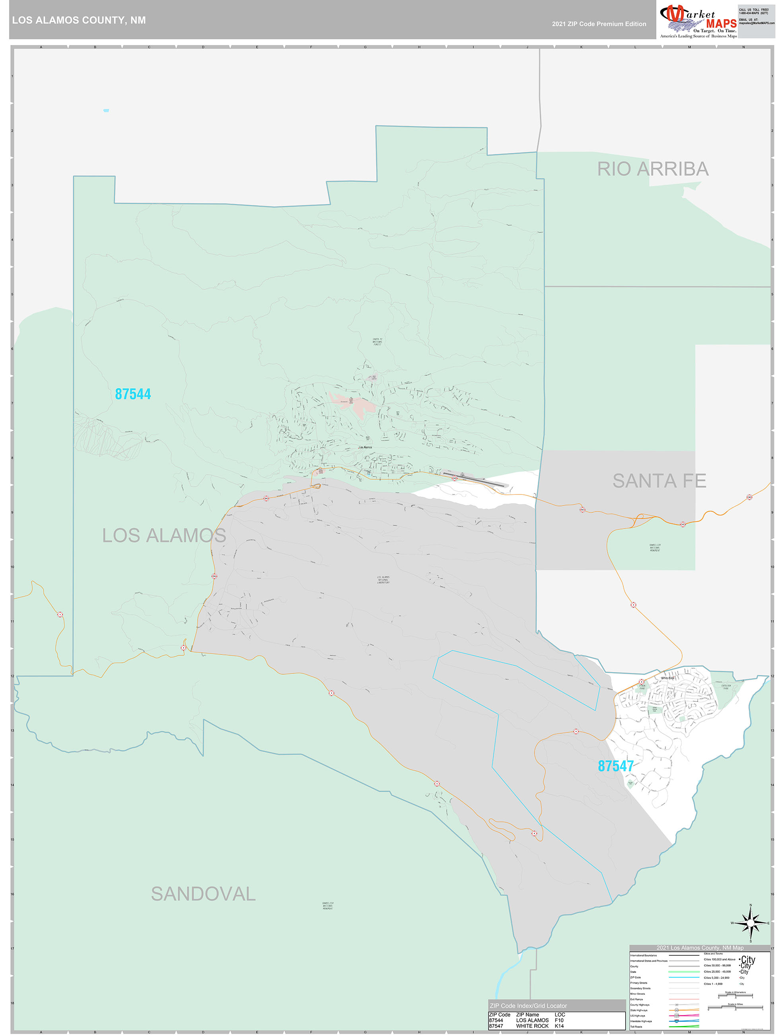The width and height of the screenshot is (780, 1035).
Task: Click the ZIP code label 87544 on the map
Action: [x=133, y=394]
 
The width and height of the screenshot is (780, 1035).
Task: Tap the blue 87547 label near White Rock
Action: [x=615, y=766]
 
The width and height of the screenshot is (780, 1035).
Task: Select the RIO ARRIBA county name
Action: [x=653, y=169]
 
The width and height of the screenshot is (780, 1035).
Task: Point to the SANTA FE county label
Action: [x=659, y=480]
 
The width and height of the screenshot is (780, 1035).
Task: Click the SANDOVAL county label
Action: [x=203, y=894]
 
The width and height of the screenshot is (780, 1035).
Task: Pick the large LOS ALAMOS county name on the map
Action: [x=164, y=535]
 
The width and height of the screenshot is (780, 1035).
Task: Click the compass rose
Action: [x=750, y=923]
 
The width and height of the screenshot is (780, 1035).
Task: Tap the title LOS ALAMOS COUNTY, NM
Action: [x=79, y=20]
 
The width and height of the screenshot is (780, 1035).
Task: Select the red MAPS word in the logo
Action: [x=721, y=23]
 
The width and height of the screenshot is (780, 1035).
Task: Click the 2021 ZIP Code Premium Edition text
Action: [x=599, y=24]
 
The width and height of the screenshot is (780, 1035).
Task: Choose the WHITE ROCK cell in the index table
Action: [x=532, y=1025]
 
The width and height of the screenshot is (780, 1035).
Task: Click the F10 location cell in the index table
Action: [x=559, y=1020]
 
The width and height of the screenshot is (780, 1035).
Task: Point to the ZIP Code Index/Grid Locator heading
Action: [x=528, y=1006]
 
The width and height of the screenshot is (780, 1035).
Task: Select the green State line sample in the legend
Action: [x=684, y=972]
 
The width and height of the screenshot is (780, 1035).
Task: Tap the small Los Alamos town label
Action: [x=365, y=447]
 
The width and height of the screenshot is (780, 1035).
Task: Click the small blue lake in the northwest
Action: [x=106, y=110]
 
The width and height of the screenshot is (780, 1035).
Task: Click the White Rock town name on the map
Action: [x=667, y=678]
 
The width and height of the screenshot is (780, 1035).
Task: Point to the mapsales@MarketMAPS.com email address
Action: [x=756, y=23]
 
